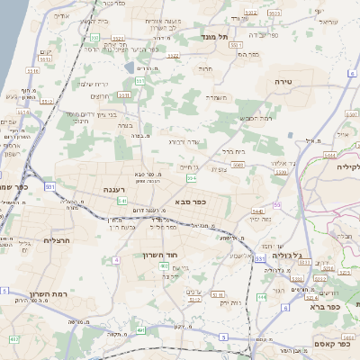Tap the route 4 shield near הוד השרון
click(x=116, y=260)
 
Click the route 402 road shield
click(x=13, y=339)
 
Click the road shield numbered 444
click(x=262, y=296)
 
